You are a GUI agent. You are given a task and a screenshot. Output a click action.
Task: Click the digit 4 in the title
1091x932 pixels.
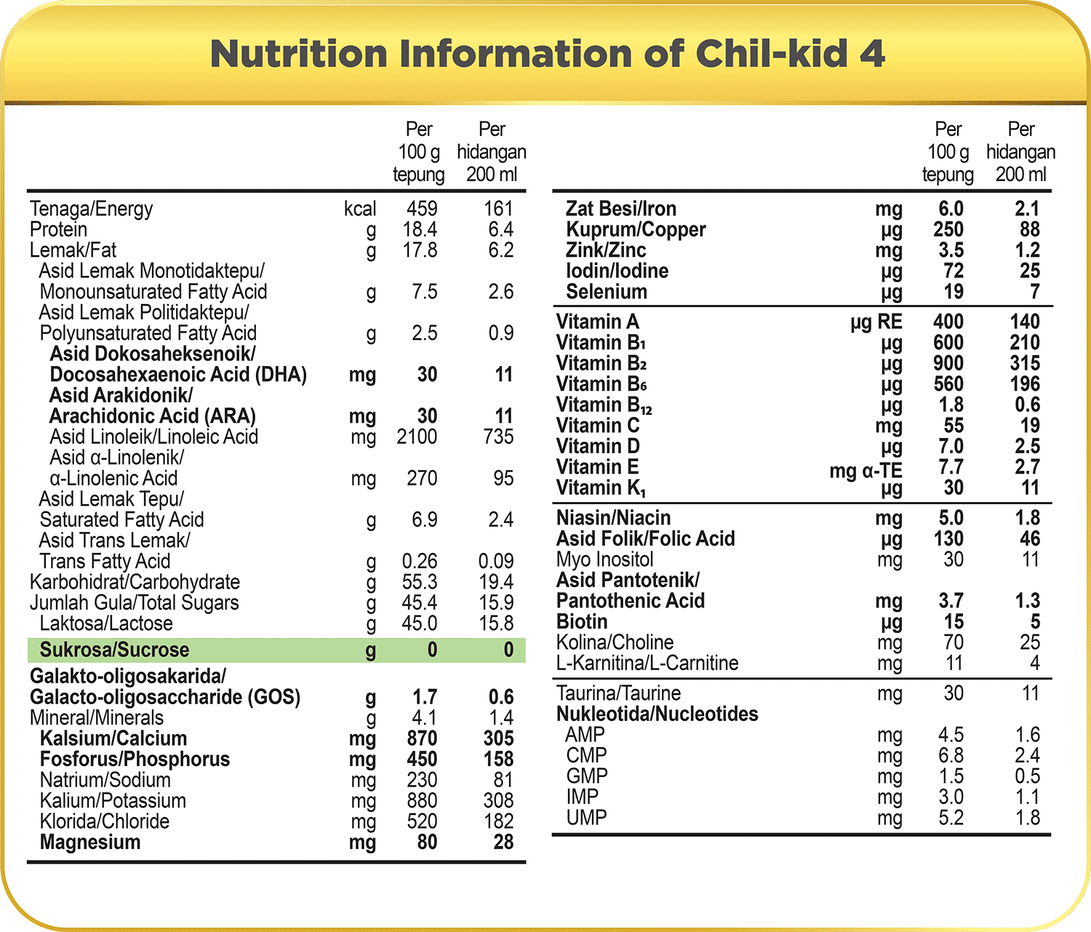tap(871, 54)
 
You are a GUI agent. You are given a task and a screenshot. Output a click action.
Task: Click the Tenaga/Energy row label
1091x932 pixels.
tap(92, 209)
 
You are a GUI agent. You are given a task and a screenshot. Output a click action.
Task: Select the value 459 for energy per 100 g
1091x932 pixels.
tap(422, 209)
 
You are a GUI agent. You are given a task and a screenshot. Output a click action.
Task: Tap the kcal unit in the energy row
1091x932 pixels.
tap(360, 209)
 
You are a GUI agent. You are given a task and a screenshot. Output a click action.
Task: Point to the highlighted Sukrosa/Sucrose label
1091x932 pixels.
tap(114, 650)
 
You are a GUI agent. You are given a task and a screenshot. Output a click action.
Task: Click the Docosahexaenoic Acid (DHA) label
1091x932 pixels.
tap(178, 375)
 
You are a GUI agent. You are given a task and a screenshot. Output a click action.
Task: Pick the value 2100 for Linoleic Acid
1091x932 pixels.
tap(417, 437)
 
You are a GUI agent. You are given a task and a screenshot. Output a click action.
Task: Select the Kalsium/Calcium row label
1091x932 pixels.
tap(113, 738)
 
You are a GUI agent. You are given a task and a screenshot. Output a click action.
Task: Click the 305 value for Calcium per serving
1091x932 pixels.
tap(498, 738)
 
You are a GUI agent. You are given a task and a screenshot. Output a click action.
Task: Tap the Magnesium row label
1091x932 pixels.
tap(90, 843)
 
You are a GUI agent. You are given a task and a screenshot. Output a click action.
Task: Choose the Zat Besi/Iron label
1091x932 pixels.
tap(621, 209)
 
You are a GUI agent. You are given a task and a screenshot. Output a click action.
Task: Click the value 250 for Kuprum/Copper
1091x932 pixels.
tap(948, 230)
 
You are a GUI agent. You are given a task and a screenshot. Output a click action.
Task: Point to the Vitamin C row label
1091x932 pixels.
tap(598, 426)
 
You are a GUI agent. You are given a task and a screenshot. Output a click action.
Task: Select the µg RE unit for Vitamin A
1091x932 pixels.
tap(876, 322)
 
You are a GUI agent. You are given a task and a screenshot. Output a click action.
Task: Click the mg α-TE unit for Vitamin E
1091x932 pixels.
tap(866, 471)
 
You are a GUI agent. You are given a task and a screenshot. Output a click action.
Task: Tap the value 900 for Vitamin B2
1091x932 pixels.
tap(948, 363)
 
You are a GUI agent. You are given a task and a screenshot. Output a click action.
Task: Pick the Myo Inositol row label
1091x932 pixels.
tap(604, 559)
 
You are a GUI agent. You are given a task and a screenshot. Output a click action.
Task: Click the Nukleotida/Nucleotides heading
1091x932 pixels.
tap(657, 714)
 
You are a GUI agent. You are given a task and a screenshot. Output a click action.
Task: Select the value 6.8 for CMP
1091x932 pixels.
tap(951, 755)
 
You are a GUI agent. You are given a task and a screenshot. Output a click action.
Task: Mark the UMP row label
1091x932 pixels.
tap(586, 818)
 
